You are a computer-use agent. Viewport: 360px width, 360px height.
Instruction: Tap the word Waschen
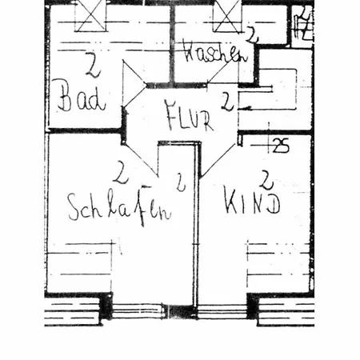click(215, 54)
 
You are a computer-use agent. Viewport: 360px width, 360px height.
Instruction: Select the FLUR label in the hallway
click(189, 115)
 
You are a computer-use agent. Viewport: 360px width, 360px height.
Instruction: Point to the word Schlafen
click(119, 206)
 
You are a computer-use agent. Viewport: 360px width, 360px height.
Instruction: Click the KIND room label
click(252, 201)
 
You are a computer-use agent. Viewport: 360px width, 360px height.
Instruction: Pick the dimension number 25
click(281, 146)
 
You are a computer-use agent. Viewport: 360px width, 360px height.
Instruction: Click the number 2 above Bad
click(92, 65)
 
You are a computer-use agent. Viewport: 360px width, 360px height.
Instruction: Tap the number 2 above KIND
click(266, 180)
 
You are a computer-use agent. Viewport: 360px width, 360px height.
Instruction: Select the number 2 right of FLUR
click(227, 102)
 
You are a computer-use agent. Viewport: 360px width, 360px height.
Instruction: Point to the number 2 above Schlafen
click(121, 172)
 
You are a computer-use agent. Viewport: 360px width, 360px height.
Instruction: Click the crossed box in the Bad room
click(90, 15)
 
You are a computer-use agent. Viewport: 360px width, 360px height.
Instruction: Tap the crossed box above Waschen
click(226, 15)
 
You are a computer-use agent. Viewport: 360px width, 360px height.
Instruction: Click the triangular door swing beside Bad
click(134, 84)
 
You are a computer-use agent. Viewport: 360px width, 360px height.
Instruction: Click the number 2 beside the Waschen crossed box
click(252, 34)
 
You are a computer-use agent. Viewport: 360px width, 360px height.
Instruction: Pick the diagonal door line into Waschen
click(222, 70)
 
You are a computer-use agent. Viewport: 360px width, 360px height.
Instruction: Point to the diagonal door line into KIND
click(219, 161)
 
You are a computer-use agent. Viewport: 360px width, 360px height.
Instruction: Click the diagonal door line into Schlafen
click(140, 159)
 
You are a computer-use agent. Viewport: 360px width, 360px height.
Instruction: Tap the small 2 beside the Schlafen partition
click(181, 182)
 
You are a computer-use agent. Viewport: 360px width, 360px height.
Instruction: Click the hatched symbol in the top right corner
click(303, 24)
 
